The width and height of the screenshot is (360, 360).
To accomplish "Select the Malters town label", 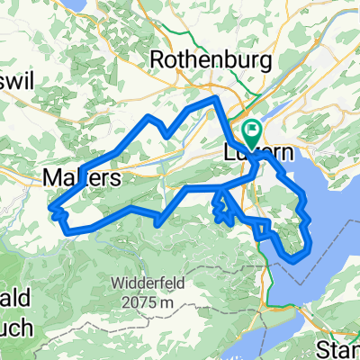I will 81,179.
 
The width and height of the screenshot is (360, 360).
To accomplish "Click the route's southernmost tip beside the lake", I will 292,261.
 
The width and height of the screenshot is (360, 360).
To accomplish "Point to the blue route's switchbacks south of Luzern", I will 220,207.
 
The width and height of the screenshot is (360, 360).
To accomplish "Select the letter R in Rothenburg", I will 158,59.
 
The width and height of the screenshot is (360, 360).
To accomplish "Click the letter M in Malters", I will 51,179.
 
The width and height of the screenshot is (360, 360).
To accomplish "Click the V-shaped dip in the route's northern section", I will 167,136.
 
